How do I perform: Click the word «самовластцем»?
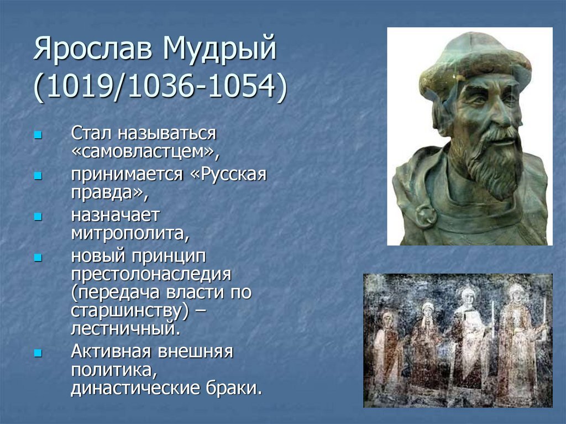[141, 151]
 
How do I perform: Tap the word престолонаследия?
[150, 274]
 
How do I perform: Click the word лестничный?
[124, 328]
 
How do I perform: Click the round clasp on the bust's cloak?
[426, 216]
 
